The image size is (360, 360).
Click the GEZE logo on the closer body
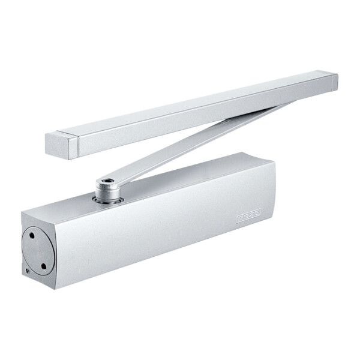[x=248, y=215]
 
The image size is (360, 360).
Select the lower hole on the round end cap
[x=44, y=265]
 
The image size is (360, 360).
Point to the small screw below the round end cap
[x=28, y=271]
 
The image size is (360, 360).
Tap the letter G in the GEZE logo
[x=241, y=217]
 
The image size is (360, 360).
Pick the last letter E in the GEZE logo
[x=257, y=214]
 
